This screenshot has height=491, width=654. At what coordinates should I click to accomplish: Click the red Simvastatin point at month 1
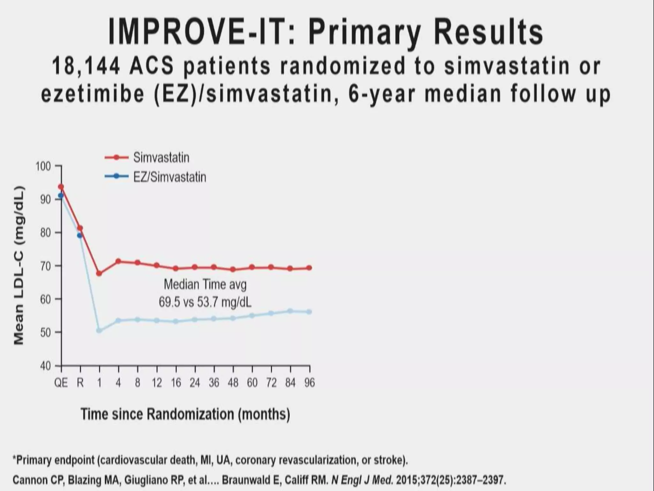pyautogui.click(x=99, y=273)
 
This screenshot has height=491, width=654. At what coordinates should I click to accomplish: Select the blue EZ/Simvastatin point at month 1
pyautogui.click(x=99, y=330)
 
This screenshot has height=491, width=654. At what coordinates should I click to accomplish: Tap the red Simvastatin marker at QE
pyautogui.click(x=61, y=187)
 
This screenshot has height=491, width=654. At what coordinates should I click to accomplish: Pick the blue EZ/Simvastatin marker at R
pyautogui.click(x=80, y=236)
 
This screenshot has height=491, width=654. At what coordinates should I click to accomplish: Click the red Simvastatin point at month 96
pyautogui.click(x=309, y=268)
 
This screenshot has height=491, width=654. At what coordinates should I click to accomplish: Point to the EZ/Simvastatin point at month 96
pyautogui.click(x=309, y=312)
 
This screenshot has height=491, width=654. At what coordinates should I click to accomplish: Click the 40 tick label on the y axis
pyautogui.click(x=45, y=366)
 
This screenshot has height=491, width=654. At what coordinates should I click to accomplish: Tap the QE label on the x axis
pyautogui.click(x=61, y=383)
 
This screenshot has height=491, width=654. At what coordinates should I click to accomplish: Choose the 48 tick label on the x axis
pyautogui.click(x=233, y=383)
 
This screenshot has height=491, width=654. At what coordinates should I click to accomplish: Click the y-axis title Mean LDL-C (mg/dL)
pyautogui.click(x=19, y=265)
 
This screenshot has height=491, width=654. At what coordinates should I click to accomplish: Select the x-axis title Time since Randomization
pyautogui.click(x=185, y=414)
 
